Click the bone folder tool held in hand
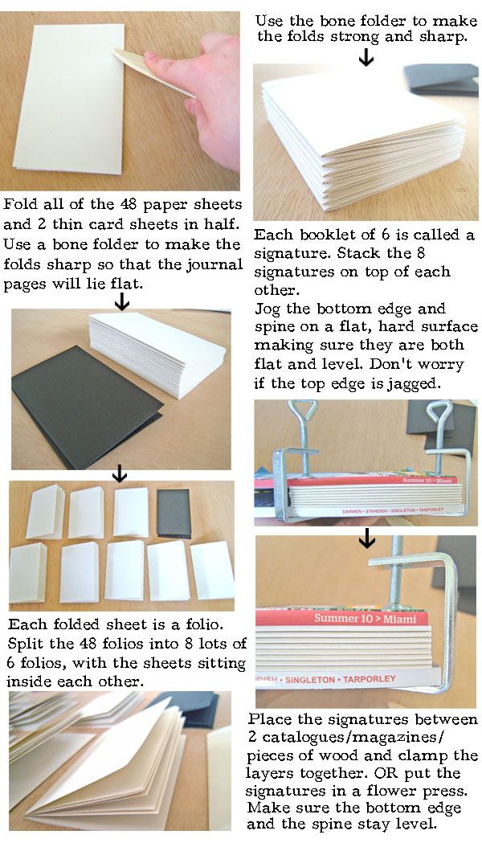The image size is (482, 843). pyautogui.click(x=153, y=72)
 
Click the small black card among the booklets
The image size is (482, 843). pyautogui.click(x=174, y=513)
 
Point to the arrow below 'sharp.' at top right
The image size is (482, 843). pyautogui.click(x=366, y=57)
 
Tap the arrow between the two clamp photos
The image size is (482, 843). pyautogui.click(x=367, y=538)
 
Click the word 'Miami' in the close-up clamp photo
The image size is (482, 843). pyautogui.click(x=399, y=619)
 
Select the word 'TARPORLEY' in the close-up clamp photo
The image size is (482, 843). pyautogui.click(x=370, y=680)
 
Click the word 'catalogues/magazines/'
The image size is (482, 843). pyautogui.click(x=354, y=737)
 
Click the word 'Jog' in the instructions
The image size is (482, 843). pyautogui.click(x=268, y=309)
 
